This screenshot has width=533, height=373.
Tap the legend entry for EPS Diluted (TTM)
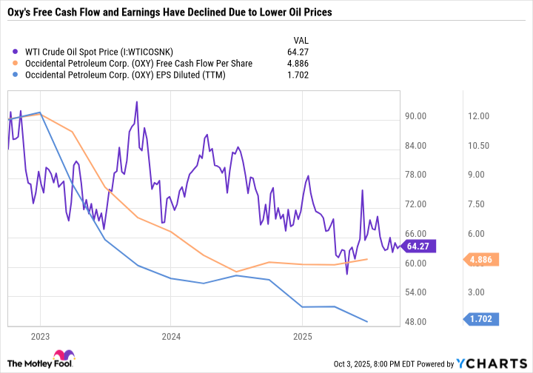123,75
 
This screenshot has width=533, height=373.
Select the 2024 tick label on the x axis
171,336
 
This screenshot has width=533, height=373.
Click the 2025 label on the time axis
303,336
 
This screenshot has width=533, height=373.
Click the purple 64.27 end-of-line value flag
420,246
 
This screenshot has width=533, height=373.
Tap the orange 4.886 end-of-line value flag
483,259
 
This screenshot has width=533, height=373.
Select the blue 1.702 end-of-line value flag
483,320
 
